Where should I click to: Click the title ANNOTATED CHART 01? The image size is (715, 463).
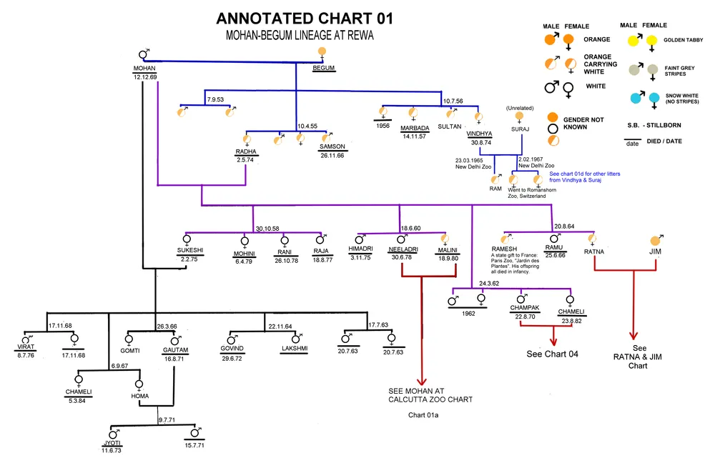(304, 19)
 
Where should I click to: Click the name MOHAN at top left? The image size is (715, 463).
(144, 68)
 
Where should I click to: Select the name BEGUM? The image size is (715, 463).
(325, 68)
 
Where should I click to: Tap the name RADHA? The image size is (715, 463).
(246, 151)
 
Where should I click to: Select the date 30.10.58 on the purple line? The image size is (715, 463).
(267, 228)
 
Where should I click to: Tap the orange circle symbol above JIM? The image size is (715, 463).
(656, 241)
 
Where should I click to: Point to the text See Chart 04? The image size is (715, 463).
(553, 354)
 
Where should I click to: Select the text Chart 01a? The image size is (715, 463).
(422, 415)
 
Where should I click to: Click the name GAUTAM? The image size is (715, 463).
(174, 350)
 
